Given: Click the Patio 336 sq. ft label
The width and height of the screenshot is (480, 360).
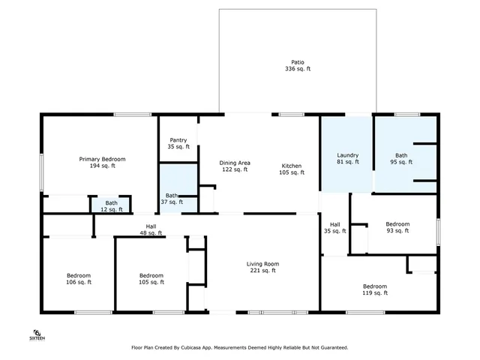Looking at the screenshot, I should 298,65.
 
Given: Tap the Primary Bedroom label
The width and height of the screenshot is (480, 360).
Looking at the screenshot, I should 103,162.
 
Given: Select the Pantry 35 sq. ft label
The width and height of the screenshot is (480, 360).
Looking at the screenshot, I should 178,143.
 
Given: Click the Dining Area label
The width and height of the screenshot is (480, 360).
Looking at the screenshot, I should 235,166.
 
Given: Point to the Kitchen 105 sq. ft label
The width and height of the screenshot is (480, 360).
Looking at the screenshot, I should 292,169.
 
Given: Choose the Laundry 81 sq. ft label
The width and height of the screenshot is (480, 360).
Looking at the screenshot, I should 346,158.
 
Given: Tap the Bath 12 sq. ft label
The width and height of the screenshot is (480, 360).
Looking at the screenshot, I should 111,205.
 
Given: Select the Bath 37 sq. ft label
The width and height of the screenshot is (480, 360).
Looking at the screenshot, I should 172,199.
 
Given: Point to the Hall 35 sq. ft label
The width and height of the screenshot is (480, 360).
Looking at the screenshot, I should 334,228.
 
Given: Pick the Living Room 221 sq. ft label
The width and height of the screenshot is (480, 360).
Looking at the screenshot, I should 262,267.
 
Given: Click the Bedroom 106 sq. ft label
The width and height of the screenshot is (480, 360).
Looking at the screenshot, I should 79,278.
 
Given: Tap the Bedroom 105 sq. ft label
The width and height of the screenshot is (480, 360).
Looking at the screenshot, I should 151,278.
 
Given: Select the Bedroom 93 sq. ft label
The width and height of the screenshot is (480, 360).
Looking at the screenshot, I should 397,227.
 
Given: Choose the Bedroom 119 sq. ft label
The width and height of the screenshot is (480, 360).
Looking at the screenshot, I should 375,289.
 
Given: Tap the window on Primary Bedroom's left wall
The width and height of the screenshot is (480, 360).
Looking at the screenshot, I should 42,172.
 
